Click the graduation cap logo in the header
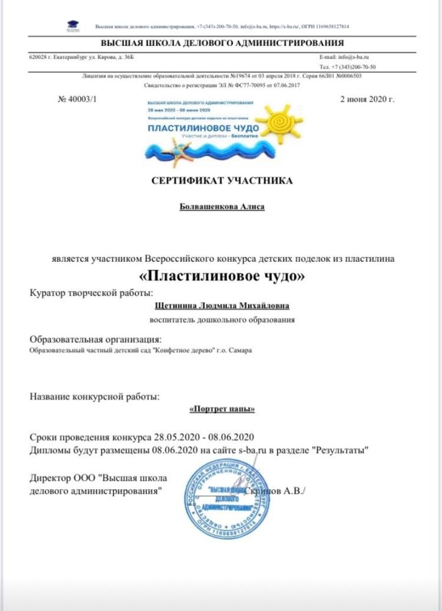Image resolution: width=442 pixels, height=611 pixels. [73, 26]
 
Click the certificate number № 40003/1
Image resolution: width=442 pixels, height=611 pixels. [78, 98]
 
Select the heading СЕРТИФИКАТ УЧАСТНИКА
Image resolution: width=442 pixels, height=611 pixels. [221, 180]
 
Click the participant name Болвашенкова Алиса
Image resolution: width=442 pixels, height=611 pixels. [221, 207]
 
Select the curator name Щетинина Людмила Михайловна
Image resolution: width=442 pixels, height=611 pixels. [223, 306]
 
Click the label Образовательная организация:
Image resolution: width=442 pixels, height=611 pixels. [96, 339]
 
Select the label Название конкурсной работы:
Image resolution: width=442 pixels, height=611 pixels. [95, 396]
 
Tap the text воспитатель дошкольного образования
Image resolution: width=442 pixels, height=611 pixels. [223, 319]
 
